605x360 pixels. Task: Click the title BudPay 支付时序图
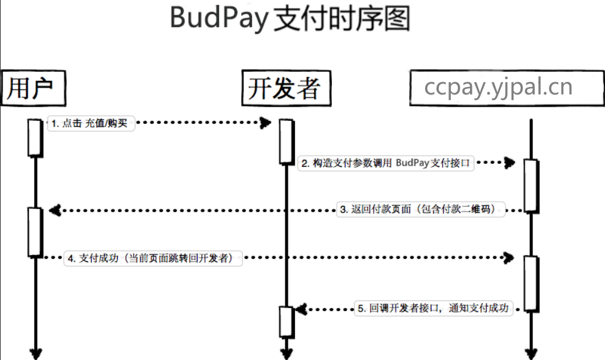(290, 18)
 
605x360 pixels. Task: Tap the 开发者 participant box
(286, 89)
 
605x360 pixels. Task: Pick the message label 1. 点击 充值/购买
(90, 123)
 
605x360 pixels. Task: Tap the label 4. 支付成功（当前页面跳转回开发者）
(153, 258)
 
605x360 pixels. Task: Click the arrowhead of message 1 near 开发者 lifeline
(265, 123)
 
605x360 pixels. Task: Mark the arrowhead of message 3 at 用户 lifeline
(53, 210)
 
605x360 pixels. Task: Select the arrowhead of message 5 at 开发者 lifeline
(299, 309)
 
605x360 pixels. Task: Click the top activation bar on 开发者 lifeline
(286, 141)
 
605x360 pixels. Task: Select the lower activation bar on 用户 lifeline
(34, 232)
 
